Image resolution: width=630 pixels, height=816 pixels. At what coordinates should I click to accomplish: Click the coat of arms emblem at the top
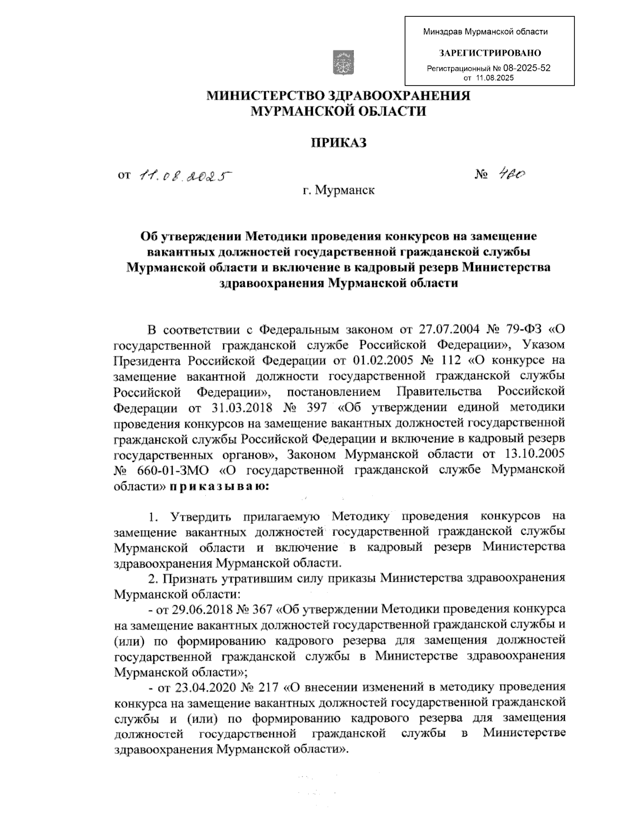[x=344, y=62]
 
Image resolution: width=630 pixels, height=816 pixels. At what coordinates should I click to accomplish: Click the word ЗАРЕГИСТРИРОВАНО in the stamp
[x=490, y=53]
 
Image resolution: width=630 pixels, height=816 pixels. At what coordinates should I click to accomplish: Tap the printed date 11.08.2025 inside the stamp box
[x=495, y=78]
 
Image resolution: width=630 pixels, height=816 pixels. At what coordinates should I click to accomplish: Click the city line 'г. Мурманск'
[x=338, y=190]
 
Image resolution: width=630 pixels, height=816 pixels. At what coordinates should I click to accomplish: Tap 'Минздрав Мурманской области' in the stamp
[x=486, y=32]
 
